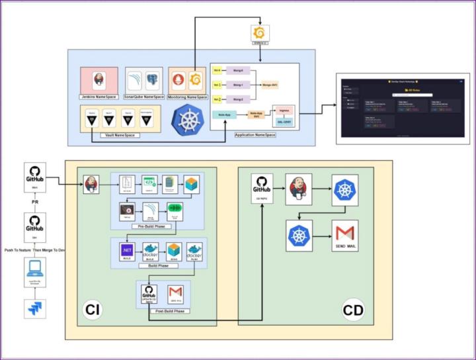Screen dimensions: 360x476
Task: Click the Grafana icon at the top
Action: [259, 33]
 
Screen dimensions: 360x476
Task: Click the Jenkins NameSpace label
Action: [99, 97]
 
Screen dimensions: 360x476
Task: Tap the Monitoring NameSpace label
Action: [187, 97]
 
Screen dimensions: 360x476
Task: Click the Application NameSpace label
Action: [254, 134]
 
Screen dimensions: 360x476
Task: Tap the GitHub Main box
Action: [34, 179]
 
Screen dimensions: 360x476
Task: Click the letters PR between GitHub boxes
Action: [34, 202]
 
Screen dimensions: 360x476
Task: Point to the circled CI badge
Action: [92, 309]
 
